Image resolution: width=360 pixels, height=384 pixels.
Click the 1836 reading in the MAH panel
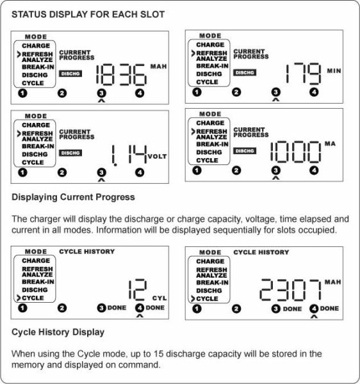pyautogui.click(x=122, y=75)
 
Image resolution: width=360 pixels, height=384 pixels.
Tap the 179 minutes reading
pyautogui.click(x=304, y=73)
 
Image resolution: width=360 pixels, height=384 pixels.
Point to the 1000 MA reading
pyautogui.click(x=295, y=152)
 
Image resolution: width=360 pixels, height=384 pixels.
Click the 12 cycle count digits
pyautogui.click(x=138, y=290)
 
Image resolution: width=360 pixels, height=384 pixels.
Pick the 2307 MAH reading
pyautogui.click(x=290, y=290)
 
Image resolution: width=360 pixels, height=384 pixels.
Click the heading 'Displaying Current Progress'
pyautogui.click(x=73, y=197)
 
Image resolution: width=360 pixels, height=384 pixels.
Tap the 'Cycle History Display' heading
pyautogui.click(x=58, y=332)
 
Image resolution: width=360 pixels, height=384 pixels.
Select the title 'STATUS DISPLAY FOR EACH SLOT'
pyautogui.click(x=88, y=15)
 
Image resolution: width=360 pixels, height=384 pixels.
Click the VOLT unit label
pyautogui.click(x=158, y=157)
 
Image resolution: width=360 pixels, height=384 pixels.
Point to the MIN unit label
pyautogui.click(x=334, y=71)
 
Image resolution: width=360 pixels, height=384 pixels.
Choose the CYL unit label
pyautogui.click(x=160, y=298)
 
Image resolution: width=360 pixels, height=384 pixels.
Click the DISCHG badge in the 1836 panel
pyautogui.click(x=70, y=74)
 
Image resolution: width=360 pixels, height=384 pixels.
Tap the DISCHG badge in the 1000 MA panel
pyautogui.click(x=245, y=151)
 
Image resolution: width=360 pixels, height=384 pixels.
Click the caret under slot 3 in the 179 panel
pyautogui.click(x=275, y=100)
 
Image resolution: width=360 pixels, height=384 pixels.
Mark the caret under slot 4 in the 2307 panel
pyautogui.click(x=314, y=316)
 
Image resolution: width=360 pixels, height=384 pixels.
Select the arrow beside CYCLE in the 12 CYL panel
pyautogui.click(x=19, y=298)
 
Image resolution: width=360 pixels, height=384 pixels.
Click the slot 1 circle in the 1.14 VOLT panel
pyautogui.click(x=22, y=173)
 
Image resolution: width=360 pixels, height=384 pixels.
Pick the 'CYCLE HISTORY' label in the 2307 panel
pyautogui.click(x=261, y=252)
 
